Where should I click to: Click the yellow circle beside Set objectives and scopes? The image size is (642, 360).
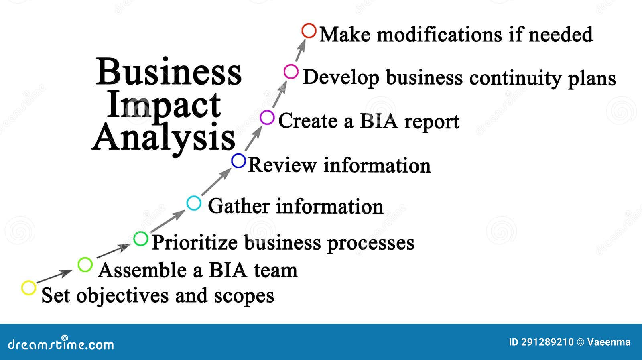(28, 288)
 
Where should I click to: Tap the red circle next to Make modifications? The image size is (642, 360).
(309, 31)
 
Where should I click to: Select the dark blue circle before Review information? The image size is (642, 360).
(238, 161)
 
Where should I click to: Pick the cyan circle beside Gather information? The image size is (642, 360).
(194, 203)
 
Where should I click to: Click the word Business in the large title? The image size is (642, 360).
(169, 72)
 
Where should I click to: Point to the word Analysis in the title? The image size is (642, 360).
(164, 138)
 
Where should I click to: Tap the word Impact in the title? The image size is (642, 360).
(164, 105)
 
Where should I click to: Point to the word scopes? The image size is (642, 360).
(244, 296)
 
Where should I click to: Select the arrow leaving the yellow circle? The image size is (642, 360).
(53, 277)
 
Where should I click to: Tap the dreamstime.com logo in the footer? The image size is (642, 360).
(61, 344)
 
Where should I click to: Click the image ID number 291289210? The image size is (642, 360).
(547, 342)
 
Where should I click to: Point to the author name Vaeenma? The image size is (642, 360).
(609, 342)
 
